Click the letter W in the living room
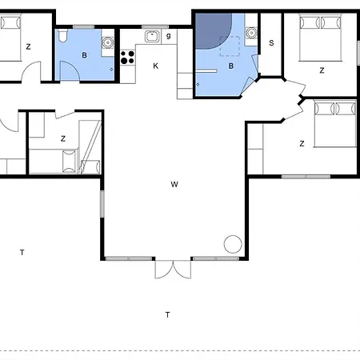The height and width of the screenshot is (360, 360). tap(174, 185)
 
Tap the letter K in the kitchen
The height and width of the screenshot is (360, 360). tap(156, 66)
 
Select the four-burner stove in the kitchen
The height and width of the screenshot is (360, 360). tap(126, 57)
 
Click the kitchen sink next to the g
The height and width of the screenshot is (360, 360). tap(151, 36)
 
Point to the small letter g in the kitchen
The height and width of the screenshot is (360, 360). tap(169, 36)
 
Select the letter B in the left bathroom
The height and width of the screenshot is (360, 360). tap(83, 55)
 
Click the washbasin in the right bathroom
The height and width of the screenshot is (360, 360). tap(251, 33)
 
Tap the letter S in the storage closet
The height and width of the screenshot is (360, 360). tap(272, 43)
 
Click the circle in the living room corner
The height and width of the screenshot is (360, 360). tap(233, 243)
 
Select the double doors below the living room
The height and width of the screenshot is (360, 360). tap(173, 269)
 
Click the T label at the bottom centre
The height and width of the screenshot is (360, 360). tap(167, 314)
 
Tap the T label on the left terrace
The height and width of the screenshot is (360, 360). tap(22, 253)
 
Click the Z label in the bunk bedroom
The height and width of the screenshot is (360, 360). tap(62, 138)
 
